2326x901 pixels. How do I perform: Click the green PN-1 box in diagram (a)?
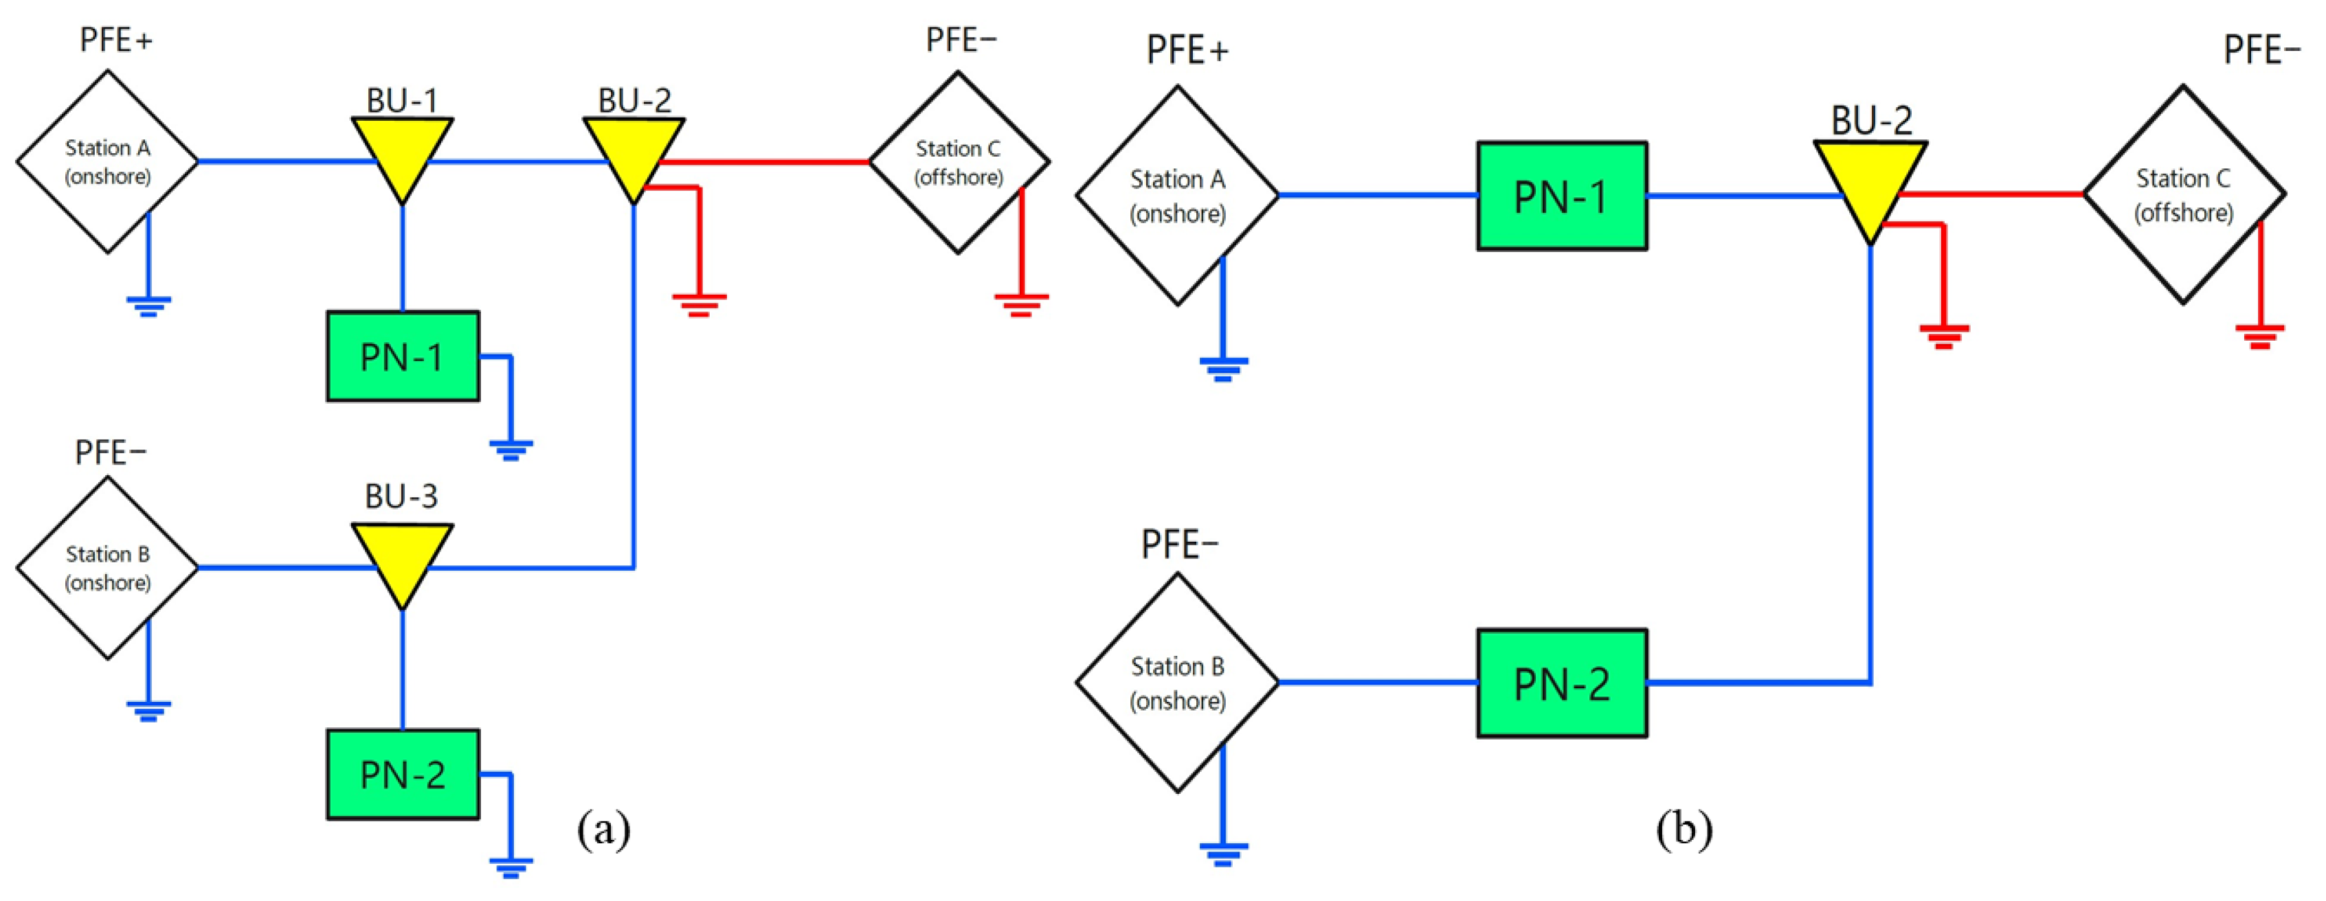click(403, 356)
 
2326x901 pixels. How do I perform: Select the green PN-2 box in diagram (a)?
click(403, 775)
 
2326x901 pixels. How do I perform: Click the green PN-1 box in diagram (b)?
click(1561, 196)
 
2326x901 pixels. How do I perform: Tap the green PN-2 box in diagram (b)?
click(1561, 683)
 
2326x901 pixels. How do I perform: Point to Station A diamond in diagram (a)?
click(107, 161)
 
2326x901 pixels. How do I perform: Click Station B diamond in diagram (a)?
click(107, 568)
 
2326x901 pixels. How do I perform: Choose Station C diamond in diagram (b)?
click(2183, 195)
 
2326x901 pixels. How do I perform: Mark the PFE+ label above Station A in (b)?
click(1187, 51)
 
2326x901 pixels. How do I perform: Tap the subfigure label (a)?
click(603, 828)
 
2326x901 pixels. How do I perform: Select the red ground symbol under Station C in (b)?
click(2259, 336)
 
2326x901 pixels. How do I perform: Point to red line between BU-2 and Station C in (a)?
click(768, 163)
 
